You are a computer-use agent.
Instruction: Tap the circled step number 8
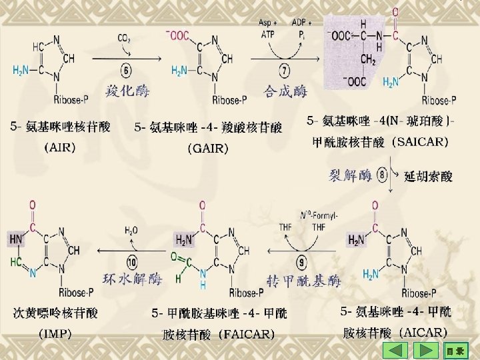[383, 175]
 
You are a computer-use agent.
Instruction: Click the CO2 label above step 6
[125, 39]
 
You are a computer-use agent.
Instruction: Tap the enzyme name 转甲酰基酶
[303, 281]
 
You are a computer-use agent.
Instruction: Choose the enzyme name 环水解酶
[133, 279]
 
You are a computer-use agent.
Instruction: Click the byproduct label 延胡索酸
[428, 177]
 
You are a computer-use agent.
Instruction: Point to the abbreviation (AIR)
[59, 147]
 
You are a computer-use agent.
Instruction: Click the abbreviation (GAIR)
[208, 147]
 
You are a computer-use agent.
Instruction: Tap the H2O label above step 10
[131, 230]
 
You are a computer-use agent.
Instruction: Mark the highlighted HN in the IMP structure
[16, 237]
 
